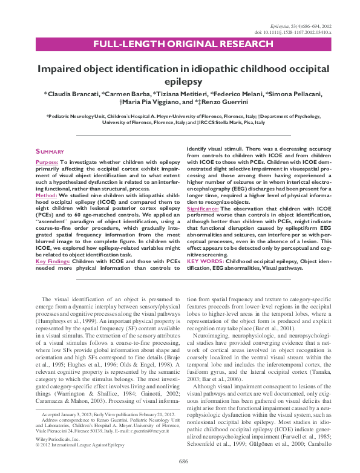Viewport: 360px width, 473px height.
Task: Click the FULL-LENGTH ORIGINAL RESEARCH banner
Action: point(180,44)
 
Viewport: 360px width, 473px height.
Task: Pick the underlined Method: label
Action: point(47,197)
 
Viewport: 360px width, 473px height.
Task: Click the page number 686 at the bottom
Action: point(180,462)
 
